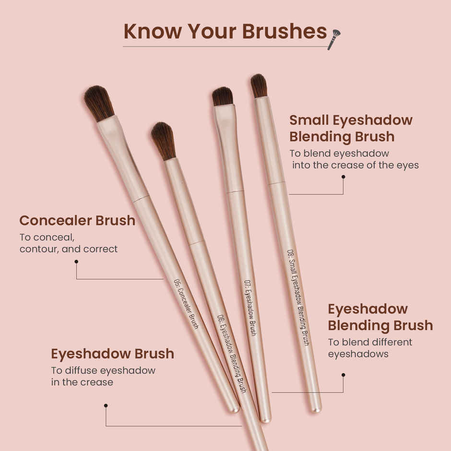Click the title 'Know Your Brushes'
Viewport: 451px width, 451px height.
tap(225, 31)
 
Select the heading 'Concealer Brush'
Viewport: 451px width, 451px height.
tap(77, 220)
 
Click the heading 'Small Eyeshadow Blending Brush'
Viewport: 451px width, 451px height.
tap(351, 128)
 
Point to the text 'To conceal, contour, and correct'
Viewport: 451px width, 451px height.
tap(69, 243)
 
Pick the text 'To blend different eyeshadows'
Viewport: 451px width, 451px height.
tap(370, 348)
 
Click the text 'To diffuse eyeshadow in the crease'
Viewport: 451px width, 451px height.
tap(103, 376)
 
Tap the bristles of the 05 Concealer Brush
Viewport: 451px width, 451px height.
tap(99, 103)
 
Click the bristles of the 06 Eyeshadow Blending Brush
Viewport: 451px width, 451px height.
tap(163, 140)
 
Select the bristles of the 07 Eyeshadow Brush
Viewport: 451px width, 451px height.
tap(223, 96)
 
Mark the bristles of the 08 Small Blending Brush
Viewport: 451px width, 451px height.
tap(259, 85)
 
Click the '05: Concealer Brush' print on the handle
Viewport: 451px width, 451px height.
tap(186, 304)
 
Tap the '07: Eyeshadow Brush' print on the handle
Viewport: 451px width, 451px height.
tap(250, 308)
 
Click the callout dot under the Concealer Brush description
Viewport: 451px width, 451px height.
tap(76, 261)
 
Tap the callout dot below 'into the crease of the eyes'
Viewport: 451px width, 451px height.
tap(343, 177)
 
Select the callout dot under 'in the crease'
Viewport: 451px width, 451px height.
tap(106, 405)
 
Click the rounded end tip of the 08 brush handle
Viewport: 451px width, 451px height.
tap(316, 409)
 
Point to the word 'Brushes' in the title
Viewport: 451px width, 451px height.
tap(285, 31)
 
